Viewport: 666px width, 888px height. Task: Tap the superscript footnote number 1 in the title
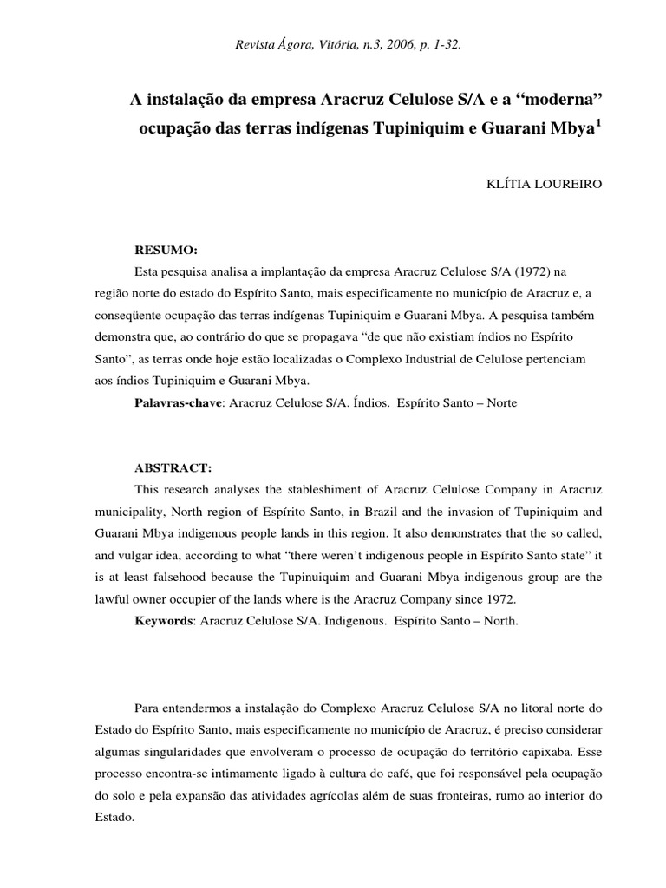tap(597, 124)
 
